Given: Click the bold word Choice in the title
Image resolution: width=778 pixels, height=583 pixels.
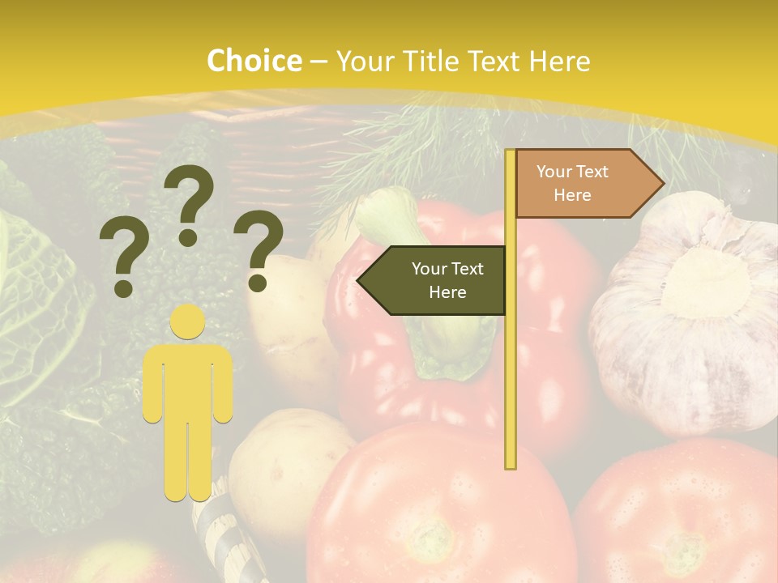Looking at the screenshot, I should (254, 61).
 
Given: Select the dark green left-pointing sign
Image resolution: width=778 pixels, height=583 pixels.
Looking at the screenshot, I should (434, 280).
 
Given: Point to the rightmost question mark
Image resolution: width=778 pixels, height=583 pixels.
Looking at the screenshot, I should (258, 250).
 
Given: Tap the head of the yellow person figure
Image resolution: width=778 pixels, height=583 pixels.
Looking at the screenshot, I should (188, 321).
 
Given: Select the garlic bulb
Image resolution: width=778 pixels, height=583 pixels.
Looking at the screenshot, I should (689, 316).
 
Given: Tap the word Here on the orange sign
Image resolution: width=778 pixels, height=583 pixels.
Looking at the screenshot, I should (572, 195).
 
